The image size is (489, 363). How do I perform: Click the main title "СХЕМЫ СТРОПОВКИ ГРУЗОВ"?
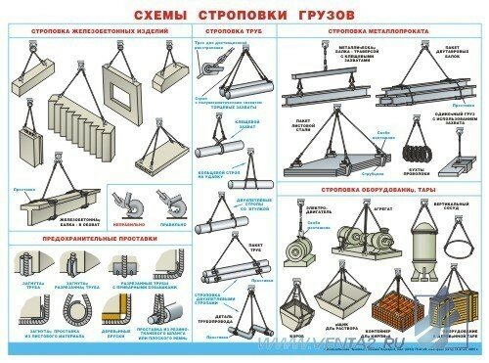pyautogui.click(x=244, y=15)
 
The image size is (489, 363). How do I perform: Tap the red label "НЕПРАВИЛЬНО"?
pyautogui.click(x=128, y=223)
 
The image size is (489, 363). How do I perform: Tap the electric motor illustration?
pyautogui.click(x=298, y=245)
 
